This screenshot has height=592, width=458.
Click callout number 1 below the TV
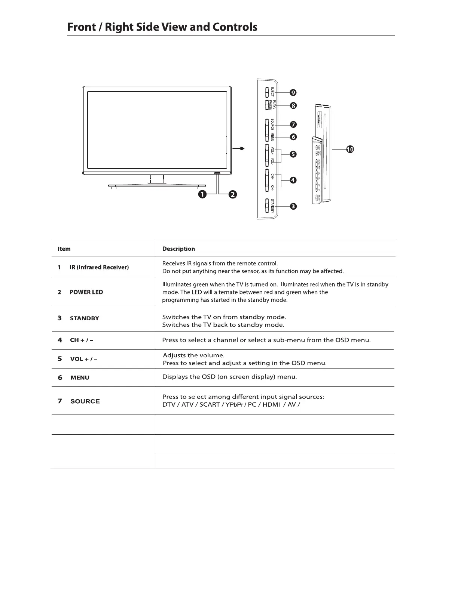pyautogui.click(x=202, y=194)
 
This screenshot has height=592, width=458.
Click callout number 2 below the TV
pyautogui.click(x=232, y=194)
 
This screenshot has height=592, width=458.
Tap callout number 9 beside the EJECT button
pyautogui.click(x=293, y=93)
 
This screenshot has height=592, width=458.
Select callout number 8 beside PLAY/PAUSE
pyautogui.click(x=293, y=106)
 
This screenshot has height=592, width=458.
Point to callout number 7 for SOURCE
pyautogui.click(x=293, y=124)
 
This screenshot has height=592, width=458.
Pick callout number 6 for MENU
pyautogui.click(x=293, y=137)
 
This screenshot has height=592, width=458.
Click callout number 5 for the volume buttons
pyautogui.click(x=293, y=154)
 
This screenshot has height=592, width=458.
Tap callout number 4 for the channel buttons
pyautogui.click(x=293, y=180)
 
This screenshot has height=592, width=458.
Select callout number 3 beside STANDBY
pyautogui.click(x=293, y=206)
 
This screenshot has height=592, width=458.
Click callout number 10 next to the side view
pyautogui.click(x=349, y=149)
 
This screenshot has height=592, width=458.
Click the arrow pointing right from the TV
pyautogui.click(x=239, y=149)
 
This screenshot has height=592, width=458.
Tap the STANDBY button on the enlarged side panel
pyautogui.click(x=267, y=206)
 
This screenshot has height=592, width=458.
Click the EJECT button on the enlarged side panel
pyautogui.click(x=267, y=92)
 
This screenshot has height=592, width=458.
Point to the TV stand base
pyautogui.click(x=157, y=186)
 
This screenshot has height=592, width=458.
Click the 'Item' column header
pyautogui.click(x=64, y=249)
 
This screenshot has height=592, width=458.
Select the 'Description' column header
pyautogui.click(x=178, y=249)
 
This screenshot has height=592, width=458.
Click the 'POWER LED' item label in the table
pyautogui.click(x=86, y=292)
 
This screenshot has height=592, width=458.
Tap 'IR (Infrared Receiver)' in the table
pyautogui.click(x=99, y=267)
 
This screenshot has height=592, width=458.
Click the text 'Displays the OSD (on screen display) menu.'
pyautogui.click(x=229, y=377)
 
